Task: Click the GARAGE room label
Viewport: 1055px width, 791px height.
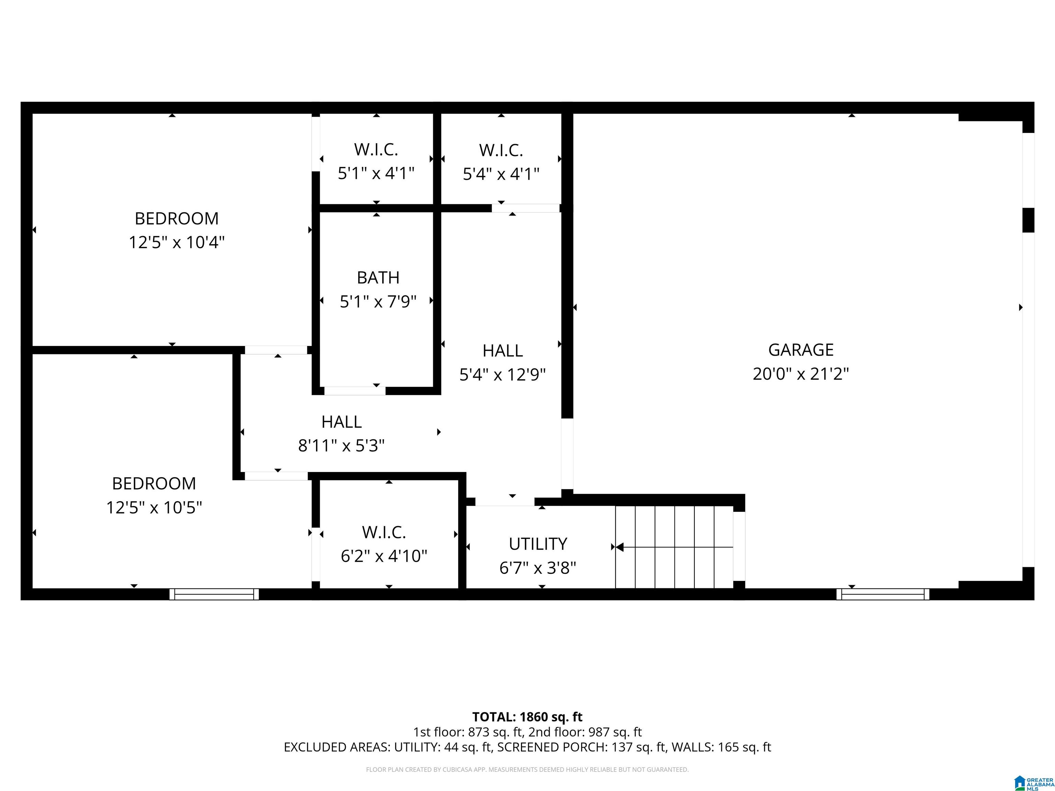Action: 801,350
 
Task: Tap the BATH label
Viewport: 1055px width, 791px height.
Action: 378,277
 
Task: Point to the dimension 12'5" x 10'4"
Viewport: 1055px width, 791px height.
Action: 177,242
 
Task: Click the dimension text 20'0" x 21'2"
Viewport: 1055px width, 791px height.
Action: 801,374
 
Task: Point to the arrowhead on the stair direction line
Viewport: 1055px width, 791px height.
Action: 620,547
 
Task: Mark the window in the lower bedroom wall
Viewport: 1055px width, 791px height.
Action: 214,594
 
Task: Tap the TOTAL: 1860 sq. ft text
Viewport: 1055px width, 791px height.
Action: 527,717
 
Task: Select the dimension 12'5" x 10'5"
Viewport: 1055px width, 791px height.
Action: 154,507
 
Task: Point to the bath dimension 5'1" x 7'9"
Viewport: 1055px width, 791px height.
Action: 378,301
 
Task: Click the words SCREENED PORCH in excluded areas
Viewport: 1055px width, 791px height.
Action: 552,747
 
